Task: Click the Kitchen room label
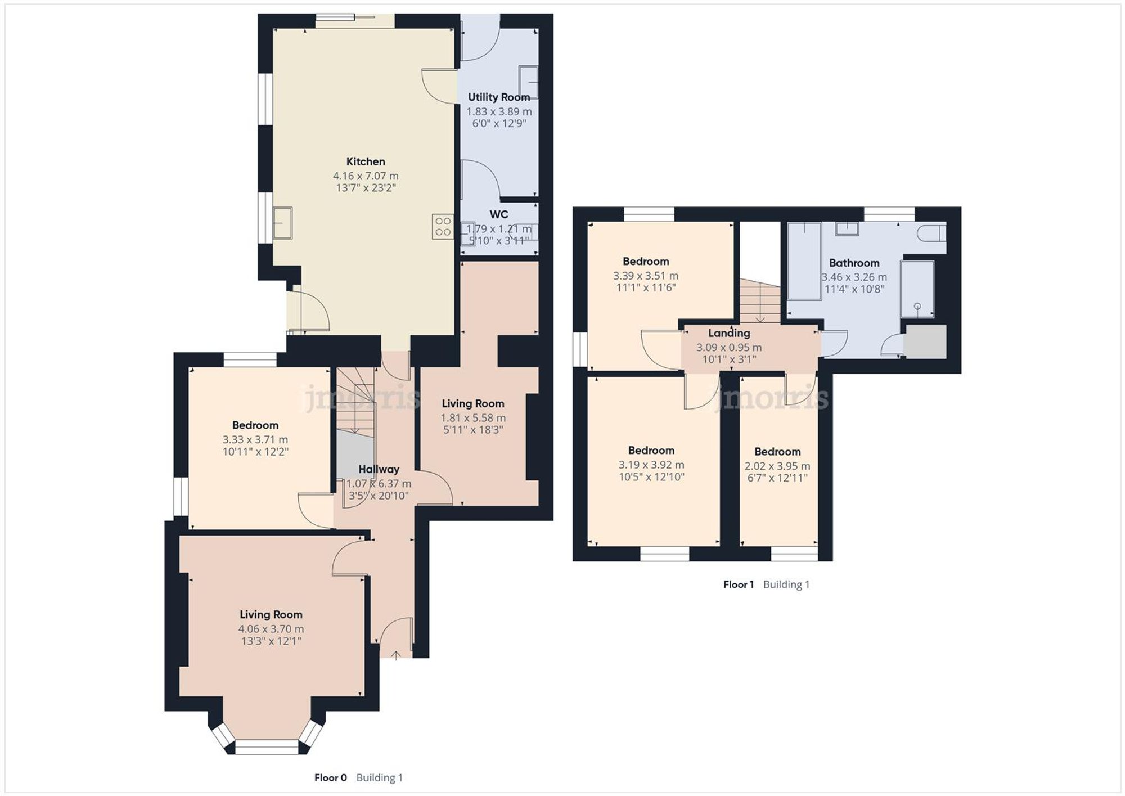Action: (366, 161)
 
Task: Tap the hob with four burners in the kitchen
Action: (443, 227)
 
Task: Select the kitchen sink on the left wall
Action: (282, 223)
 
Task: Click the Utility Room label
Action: (498, 97)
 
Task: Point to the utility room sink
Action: (528, 82)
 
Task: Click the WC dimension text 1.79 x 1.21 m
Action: (498, 229)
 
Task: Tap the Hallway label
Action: (379, 469)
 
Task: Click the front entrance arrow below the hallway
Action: (396, 655)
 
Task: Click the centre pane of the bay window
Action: (266, 747)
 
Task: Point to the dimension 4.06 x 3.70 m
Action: (271, 629)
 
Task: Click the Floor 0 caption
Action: (330, 777)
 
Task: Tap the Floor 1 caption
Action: (738, 584)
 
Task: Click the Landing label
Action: (728, 333)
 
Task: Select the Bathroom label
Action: (854, 263)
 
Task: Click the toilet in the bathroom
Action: (932, 232)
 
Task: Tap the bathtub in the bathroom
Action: (804, 260)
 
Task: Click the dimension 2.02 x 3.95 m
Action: (777, 466)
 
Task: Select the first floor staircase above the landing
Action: (760, 302)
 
